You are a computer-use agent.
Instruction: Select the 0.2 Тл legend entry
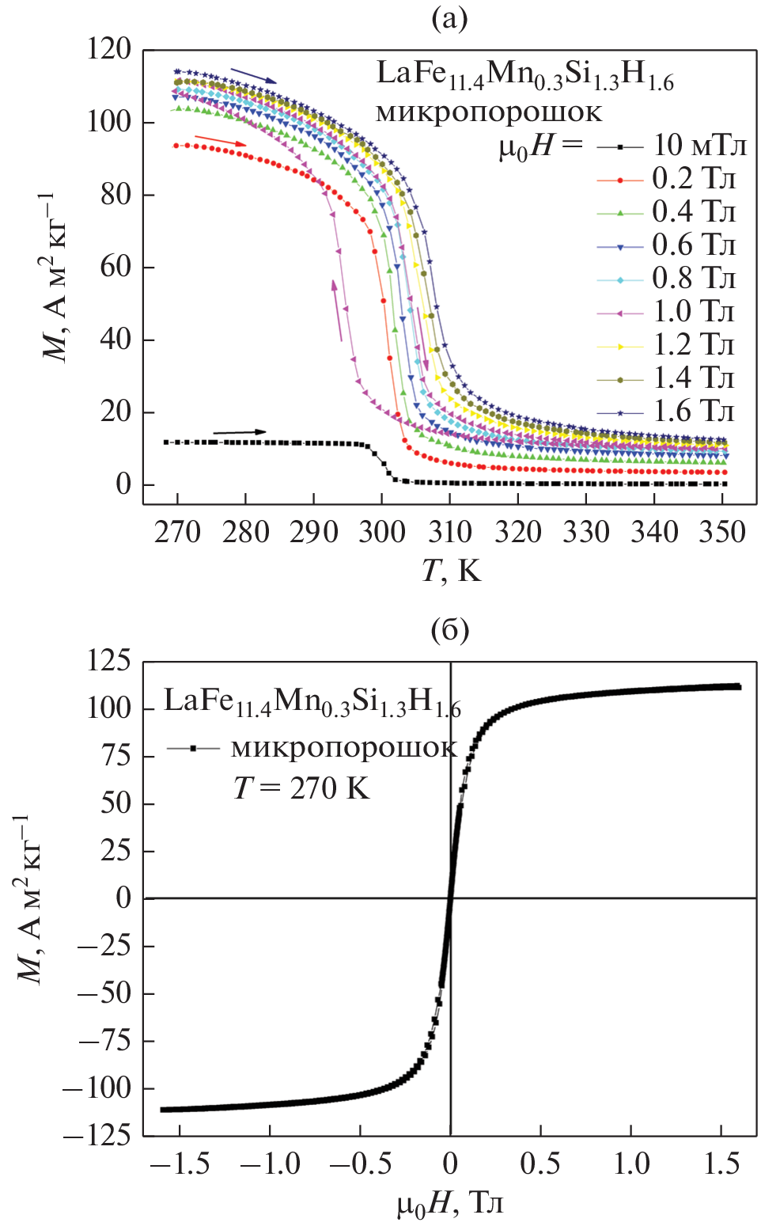pyautogui.click(x=693, y=180)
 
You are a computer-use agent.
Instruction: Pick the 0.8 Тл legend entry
pyautogui.click(x=693, y=279)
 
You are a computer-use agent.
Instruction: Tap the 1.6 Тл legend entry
pyautogui.click(x=693, y=412)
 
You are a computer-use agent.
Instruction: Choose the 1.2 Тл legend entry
pyautogui.click(x=693, y=346)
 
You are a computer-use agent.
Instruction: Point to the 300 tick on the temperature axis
pyautogui.click(x=381, y=532)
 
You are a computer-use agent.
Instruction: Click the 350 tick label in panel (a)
pyautogui.click(x=721, y=532)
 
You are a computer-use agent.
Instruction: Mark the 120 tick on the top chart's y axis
pyautogui.click(x=110, y=50)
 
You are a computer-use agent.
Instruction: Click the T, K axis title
pyautogui.click(x=450, y=570)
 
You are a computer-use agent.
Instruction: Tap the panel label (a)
pyautogui.click(x=449, y=18)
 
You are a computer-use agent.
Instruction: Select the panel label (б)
pyautogui.click(x=449, y=630)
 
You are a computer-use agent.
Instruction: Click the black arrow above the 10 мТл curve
pyautogui.click(x=240, y=432)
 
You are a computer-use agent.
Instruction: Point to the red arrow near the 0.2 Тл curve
pyautogui.click(x=221, y=141)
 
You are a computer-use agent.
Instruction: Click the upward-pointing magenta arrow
pyautogui.click(x=338, y=309)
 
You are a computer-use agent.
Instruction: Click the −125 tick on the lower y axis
pyautogui.click(x=97, y=1136)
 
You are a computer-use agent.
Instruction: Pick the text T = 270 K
pyautogui.click(x=301, y=788)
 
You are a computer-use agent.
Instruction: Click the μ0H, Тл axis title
pyautogui.click(x=449, y=1204)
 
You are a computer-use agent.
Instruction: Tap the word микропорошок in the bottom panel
pyautogui.click(x=343, y=748)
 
